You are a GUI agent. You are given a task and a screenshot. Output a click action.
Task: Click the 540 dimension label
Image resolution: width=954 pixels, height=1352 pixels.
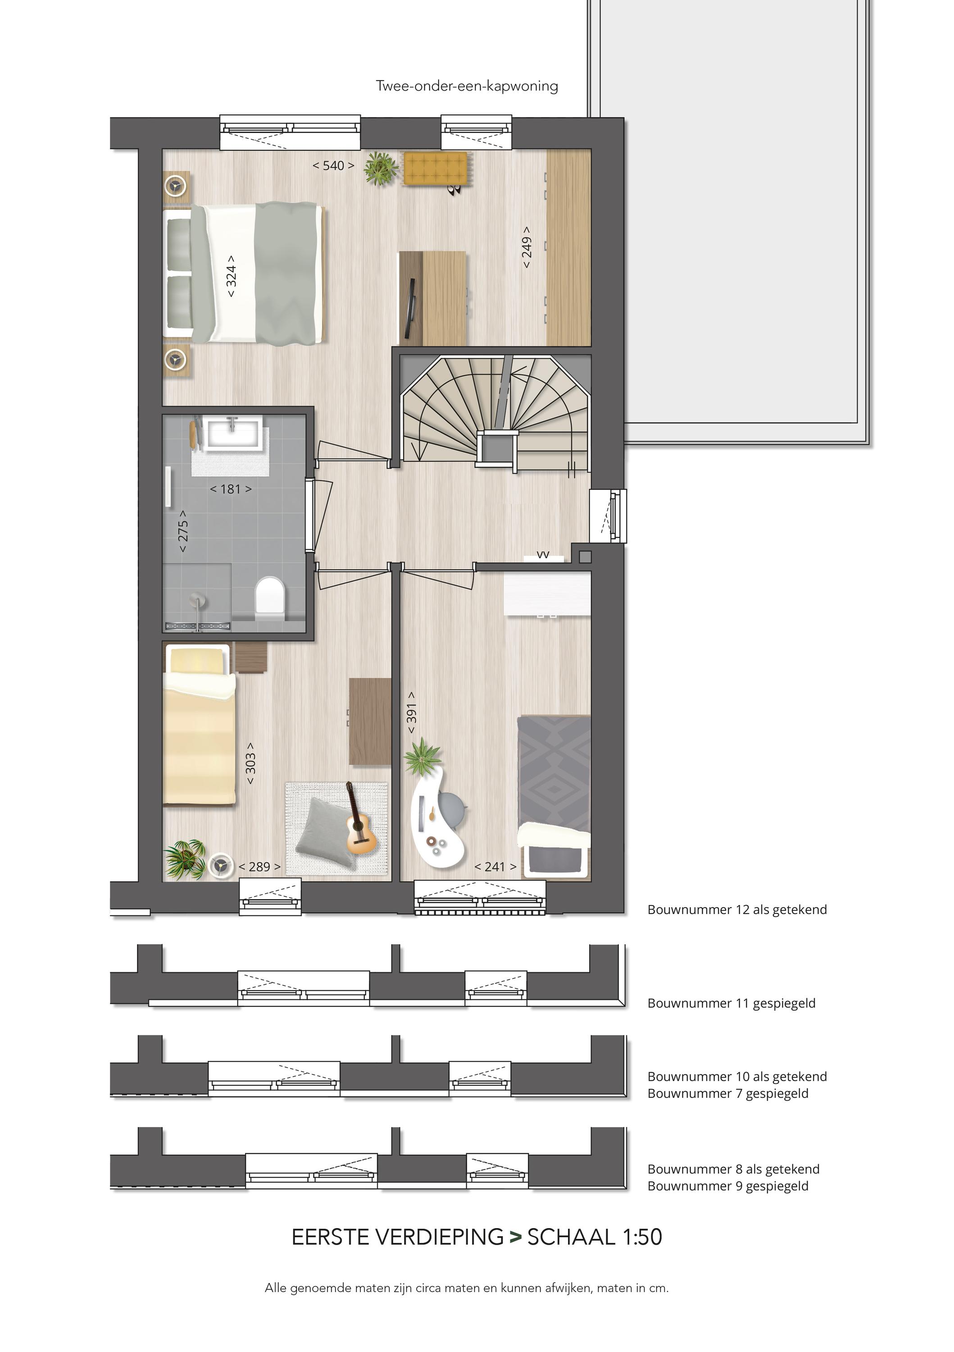click(333, 165)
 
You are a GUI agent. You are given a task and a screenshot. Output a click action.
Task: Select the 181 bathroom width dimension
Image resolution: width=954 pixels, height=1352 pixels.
click(231, 489)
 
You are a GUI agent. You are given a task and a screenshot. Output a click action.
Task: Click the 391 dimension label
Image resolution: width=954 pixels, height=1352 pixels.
click(411, 713)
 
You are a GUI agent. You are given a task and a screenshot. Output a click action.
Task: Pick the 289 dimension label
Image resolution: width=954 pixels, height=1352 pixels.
click(259, 867)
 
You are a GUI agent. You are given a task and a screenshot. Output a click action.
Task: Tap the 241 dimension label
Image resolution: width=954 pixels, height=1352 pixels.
click(495, 867)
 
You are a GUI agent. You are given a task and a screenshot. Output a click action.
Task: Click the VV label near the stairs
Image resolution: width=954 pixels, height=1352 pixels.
click(543, 554)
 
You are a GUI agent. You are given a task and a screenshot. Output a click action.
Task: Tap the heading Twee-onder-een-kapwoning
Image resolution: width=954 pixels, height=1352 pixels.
click(467, 86)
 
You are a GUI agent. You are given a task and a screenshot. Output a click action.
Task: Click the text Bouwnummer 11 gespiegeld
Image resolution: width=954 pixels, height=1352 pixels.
click(731, 1003)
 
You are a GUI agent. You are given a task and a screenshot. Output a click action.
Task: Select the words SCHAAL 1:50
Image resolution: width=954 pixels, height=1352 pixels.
click(595, 1237)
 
